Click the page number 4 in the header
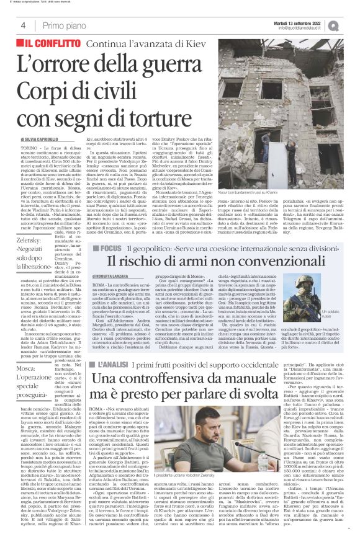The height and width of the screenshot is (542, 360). point(22,25)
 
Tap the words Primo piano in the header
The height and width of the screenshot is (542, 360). point(63,25)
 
